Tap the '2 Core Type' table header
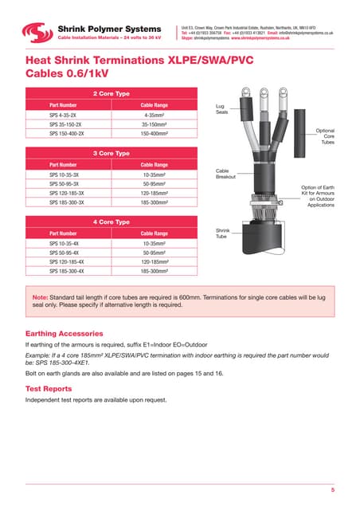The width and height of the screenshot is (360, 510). pyautogui.click(x=112, y=93)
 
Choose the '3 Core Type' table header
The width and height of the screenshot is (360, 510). pyautogui.click(x=112, y=152)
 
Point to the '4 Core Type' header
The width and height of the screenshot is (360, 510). pyautogui.click(x=112, y=222)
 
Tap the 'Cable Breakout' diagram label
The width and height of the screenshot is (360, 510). pyautogui.click(x=225, y=174)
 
